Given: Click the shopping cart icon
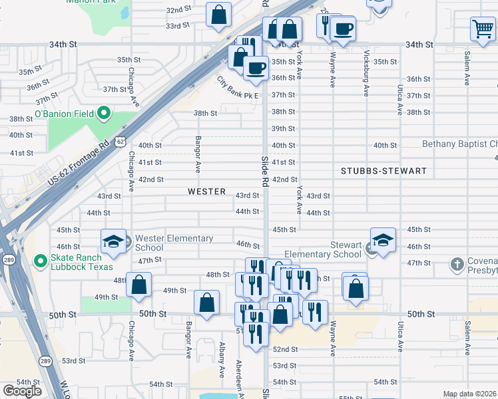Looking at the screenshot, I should pos(482,29).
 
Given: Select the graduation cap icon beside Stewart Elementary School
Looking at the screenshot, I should pos(383,240).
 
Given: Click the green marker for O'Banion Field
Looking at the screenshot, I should pos(103,114).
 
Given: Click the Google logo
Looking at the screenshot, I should pos(21,390).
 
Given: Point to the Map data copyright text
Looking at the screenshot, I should pos(469,394).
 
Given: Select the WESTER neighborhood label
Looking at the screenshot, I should pos(206,192).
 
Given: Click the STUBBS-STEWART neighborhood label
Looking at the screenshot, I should pos(383,171).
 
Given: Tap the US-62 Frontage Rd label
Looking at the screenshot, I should pos(79,163).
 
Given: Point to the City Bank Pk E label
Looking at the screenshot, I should pos(237,88).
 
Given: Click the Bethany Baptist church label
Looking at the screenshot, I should pos(459,144).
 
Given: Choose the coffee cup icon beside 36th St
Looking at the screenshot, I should pos(256,67).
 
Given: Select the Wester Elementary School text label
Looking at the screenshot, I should pos(174,243).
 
